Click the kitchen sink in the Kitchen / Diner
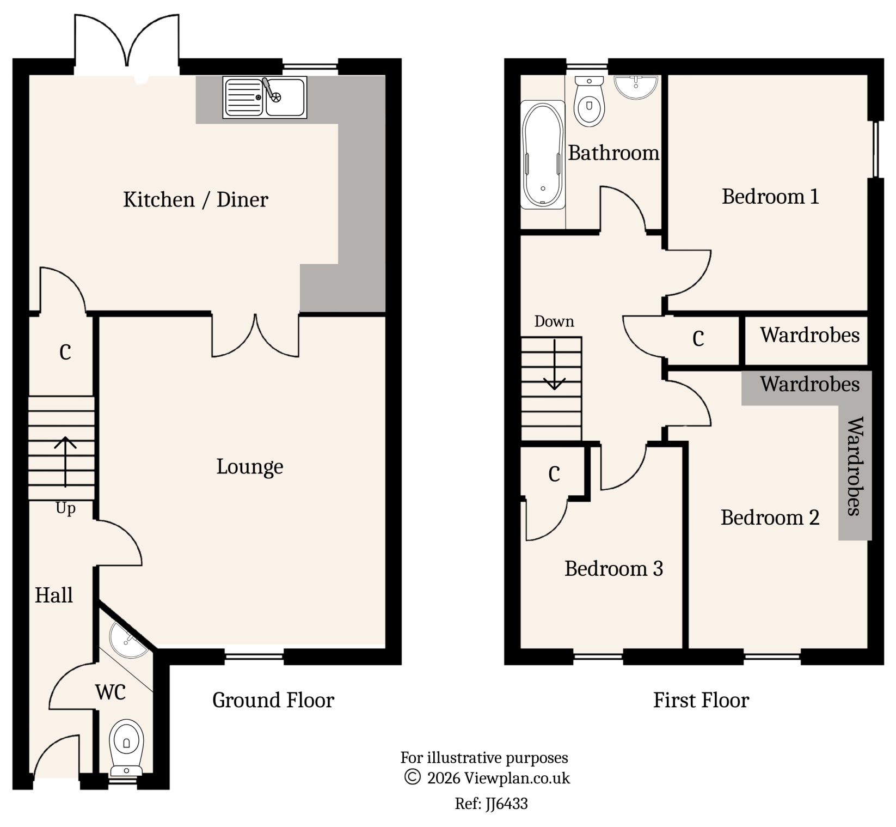265,98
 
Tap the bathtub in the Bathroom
542,154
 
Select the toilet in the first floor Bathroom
589,104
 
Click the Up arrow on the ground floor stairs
65,461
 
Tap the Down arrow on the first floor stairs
554,365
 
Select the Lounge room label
249,467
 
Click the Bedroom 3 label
613,569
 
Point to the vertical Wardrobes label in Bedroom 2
855,466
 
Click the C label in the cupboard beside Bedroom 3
554,475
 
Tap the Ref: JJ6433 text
491,804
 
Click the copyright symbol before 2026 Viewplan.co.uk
412,777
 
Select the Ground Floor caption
273,700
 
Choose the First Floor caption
701,700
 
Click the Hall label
53,595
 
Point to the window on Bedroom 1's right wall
876,149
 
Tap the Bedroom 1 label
770,197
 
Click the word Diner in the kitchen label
242,200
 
